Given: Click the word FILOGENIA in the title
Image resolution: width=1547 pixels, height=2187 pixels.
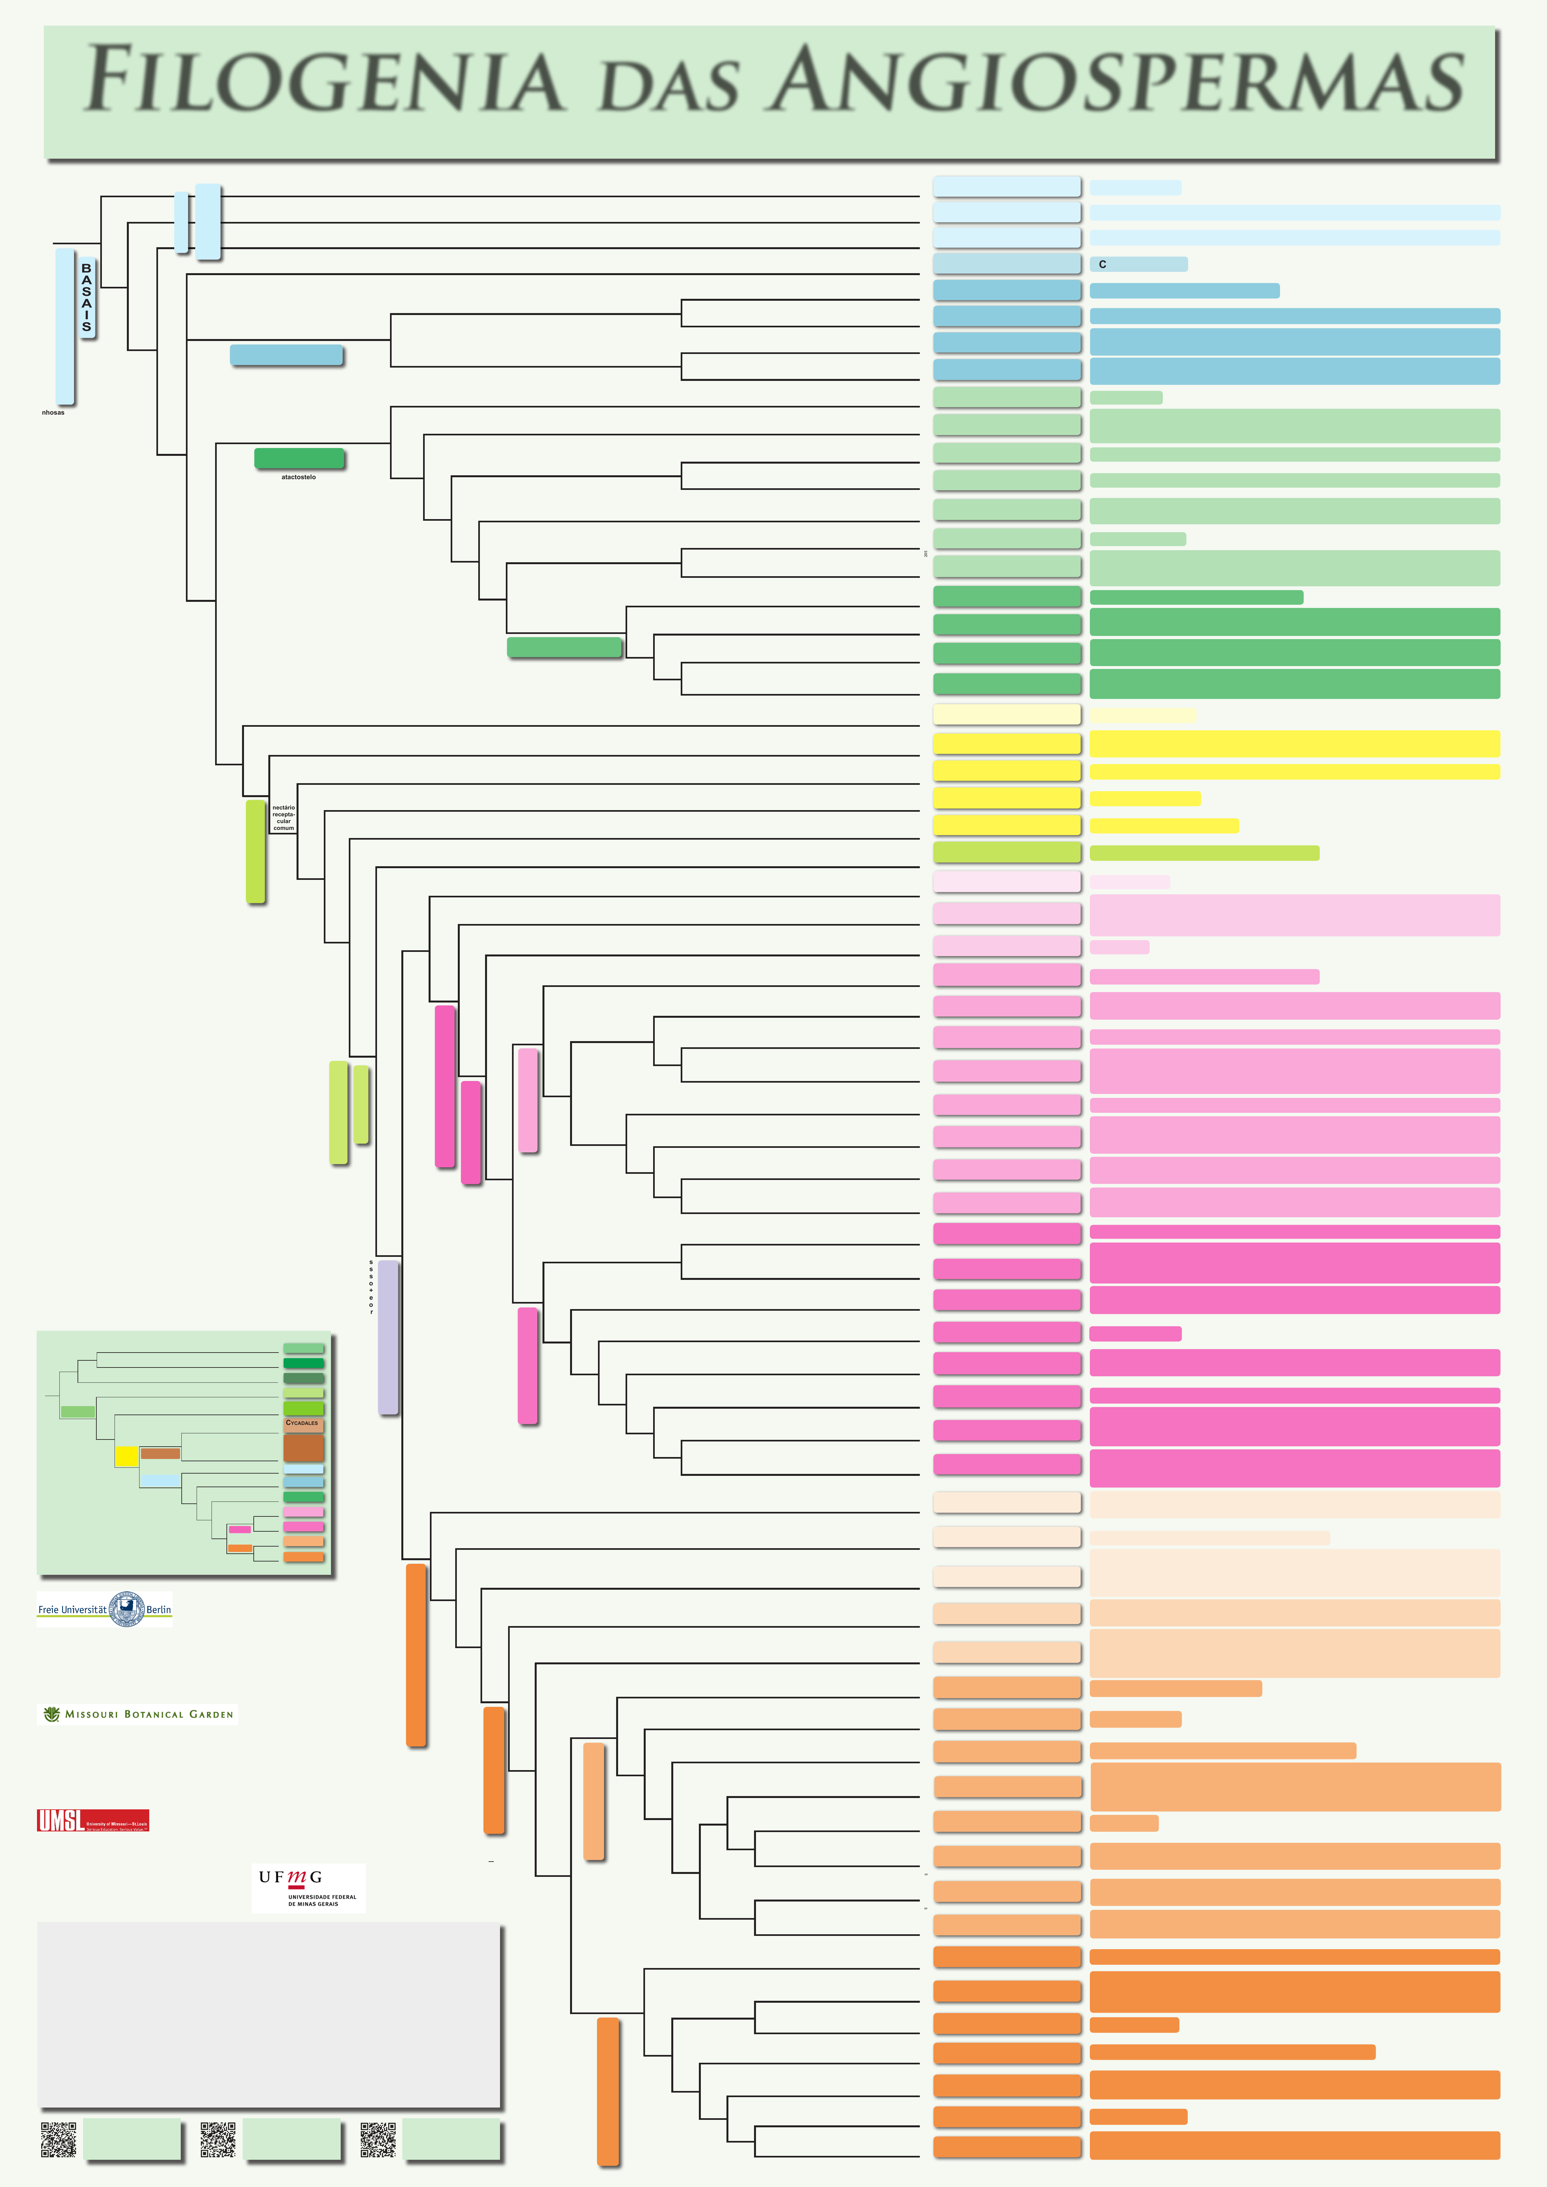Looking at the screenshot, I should (324, 80).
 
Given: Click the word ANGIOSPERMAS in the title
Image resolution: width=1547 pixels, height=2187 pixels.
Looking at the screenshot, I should (1116, 80).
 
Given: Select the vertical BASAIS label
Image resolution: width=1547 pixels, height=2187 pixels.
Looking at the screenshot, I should (87, 297).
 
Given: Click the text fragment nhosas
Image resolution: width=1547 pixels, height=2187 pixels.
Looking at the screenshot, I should (53, 412).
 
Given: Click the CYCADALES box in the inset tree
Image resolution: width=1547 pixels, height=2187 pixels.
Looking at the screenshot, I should (303, 1423).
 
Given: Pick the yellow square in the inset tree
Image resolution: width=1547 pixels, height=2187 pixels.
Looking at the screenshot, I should (127, 1456).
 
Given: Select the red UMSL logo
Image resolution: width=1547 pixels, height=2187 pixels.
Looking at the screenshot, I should (92, 1820).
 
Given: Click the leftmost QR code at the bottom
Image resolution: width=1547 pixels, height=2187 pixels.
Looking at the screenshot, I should (58, 2139).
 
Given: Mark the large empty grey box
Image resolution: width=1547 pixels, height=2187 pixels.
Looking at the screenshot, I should (270, 2015).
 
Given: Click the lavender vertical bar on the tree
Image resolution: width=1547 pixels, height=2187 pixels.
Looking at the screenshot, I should (388, 1337).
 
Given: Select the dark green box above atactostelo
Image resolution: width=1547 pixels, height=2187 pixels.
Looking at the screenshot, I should (299, 458).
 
